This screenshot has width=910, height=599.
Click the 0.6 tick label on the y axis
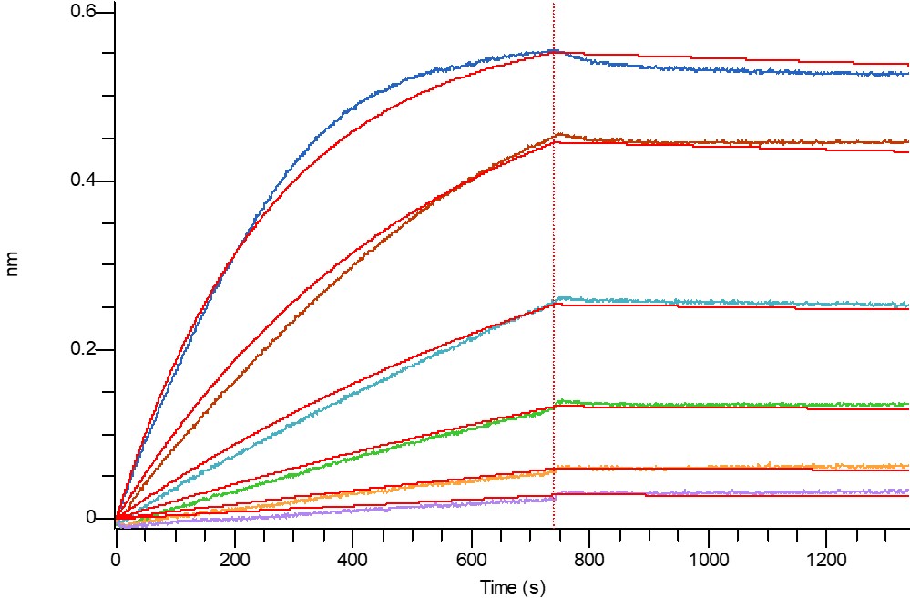[x=83, y=12]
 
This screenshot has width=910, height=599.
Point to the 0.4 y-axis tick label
[x=83, y=181]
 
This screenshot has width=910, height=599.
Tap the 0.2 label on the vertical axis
[x=83, y=349]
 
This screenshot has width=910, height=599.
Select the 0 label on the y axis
[x=90, y=518]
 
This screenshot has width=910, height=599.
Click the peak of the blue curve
[x=552, y=51]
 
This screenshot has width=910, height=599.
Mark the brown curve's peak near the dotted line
[x=558, y=135]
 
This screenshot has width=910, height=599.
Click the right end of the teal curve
[x=907, y=305]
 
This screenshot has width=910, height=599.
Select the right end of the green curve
[x=907, y=404]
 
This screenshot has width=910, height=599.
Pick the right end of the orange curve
[x=907, y=465]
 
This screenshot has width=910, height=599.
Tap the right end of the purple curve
[x=907, y=491]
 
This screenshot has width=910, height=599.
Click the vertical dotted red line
[x=554, y=274]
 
